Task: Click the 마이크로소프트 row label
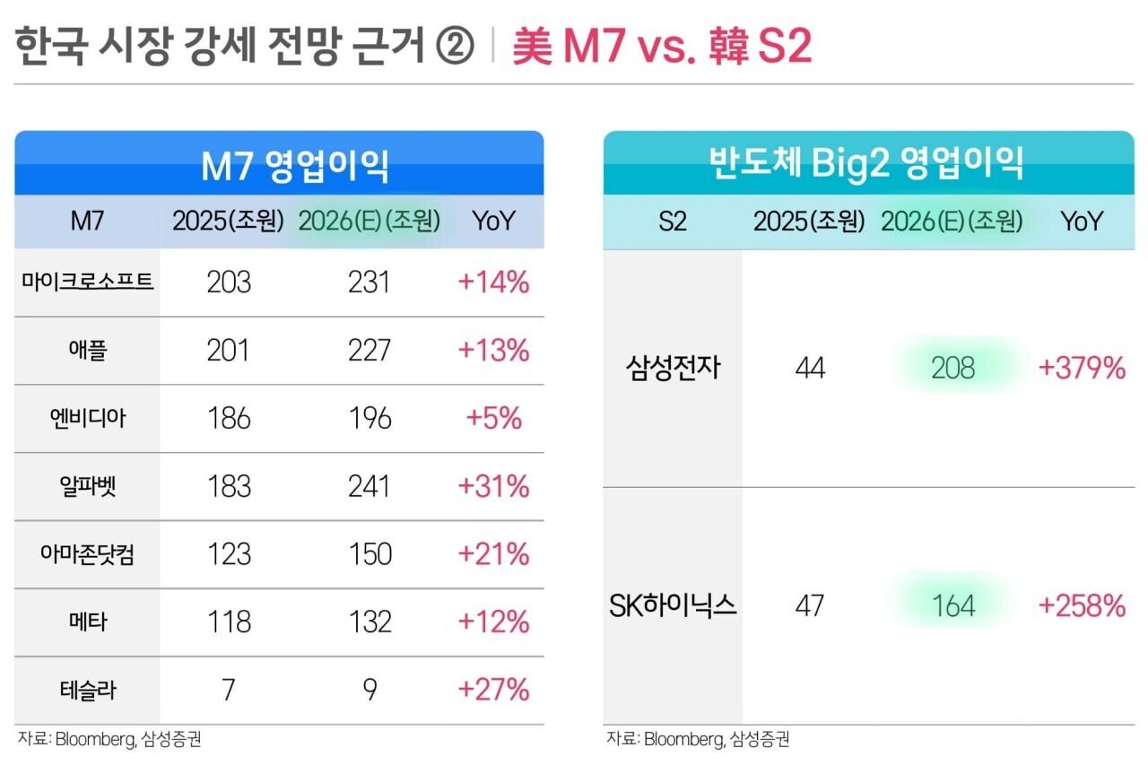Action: pos(88,283)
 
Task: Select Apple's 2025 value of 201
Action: pos(228,351)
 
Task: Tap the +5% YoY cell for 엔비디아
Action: pos(493,419)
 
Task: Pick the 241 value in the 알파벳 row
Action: pos(370,487)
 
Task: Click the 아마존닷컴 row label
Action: pos(88,554)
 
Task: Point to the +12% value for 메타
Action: pos(493,622)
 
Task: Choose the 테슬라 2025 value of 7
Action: pos(228,690)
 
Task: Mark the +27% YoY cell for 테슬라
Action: pos(493,690)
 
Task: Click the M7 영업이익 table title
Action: pos(280,164)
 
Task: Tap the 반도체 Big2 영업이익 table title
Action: pos(866,164)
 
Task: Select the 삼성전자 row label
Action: pos(673,368)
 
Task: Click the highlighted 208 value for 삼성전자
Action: pos(952,368)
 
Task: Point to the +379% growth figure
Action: pos(1082,368)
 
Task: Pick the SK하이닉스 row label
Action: pos(673,606)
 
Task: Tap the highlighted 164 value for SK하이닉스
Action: pos(952,606)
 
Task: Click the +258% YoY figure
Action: pos(1082,606)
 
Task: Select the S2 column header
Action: pos(673,222)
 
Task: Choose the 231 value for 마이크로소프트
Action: pos(370,283)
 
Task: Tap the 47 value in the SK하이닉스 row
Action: pos(810,606)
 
